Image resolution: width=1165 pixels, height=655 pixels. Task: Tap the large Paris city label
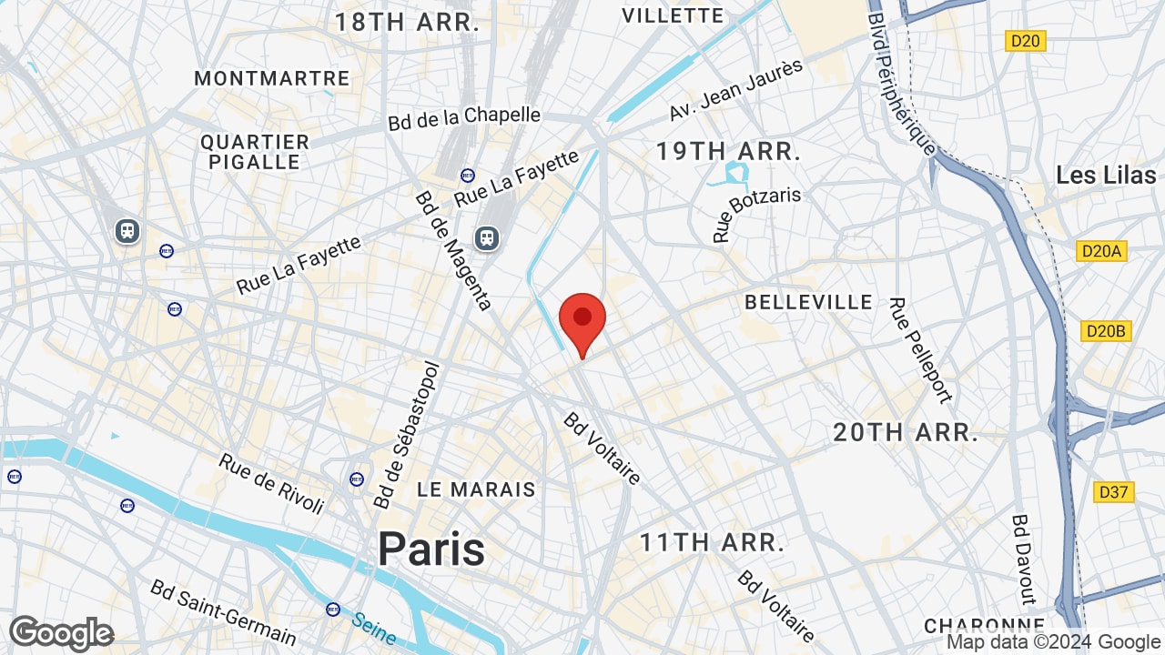coord(431,548)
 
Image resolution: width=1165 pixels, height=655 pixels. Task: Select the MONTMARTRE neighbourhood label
coord(272,78)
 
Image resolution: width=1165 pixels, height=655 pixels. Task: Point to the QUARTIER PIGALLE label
coord(255,152)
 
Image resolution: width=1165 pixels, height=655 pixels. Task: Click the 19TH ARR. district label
coord(728,152)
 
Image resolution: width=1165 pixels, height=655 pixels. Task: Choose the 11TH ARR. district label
coord(711,543)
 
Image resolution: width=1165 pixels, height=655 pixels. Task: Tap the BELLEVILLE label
coord(808,302)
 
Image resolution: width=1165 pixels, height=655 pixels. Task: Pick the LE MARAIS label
coord(476,489)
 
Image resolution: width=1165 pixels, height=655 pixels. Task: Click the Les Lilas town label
coord(1106,175)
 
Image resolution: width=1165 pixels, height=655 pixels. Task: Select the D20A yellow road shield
coord(1101,251)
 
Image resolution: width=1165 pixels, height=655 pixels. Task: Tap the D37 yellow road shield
coord(1113,492)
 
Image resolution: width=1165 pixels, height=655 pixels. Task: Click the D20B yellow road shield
coord(1106,331)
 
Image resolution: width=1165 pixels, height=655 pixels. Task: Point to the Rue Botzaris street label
coord(756,215)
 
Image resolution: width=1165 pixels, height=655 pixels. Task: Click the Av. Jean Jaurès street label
coord(736,89)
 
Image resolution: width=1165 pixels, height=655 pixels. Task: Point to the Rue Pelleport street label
coord(920,350)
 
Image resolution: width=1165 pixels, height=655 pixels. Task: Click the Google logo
coord(61,633)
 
